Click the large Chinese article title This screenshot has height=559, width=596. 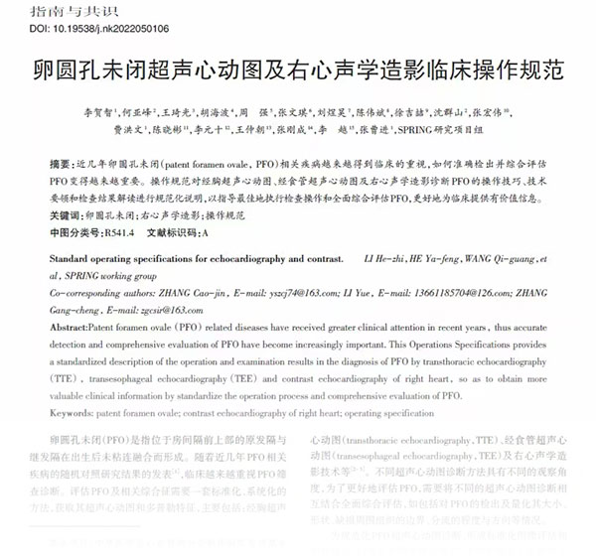coord(298,71)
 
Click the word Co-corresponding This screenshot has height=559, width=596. coord(85,294)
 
